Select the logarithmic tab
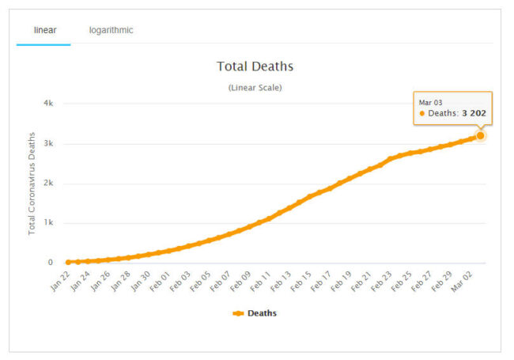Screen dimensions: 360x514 pos(111,30)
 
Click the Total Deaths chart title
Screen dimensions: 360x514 pos(255,66)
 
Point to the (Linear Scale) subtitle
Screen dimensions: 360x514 pos(255,87)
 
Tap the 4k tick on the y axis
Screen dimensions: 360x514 pos(47,104)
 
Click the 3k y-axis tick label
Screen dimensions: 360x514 pos(47,144)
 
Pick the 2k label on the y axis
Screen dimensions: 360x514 pos(47,184)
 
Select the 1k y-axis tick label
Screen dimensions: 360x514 pos(47,223)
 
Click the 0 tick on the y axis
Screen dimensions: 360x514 pos(50,263)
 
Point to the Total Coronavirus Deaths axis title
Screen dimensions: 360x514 pos(32,184)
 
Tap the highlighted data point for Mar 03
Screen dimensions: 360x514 pos(480,135)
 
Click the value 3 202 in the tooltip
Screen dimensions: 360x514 pos(473,114)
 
